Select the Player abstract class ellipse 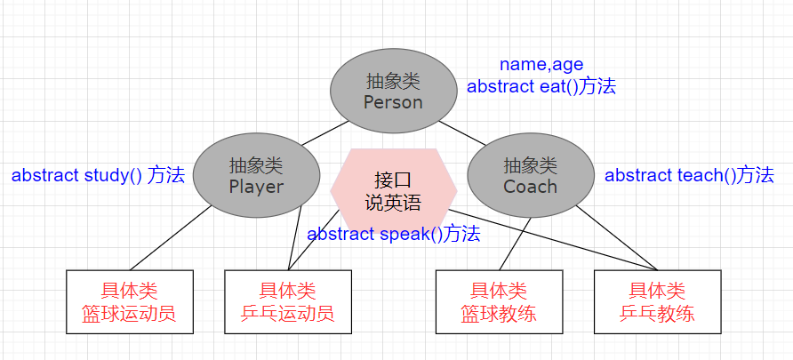pos(256,175)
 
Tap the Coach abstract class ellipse pos(530,175)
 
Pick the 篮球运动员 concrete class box pos(130,302)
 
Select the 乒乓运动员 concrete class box pos(287,302)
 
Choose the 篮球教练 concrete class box pos(499,302)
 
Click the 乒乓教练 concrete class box pos(657,302)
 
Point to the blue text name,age pos(541,64)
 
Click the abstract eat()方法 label pos(541,87)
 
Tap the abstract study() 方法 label pos(98,175)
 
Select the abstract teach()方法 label pos(689,175)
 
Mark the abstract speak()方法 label pos(394,235)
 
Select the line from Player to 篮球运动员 pos(169,238)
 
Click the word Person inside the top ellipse pos(393,102)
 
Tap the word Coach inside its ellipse pos(530,187)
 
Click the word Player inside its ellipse pos(256,187)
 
